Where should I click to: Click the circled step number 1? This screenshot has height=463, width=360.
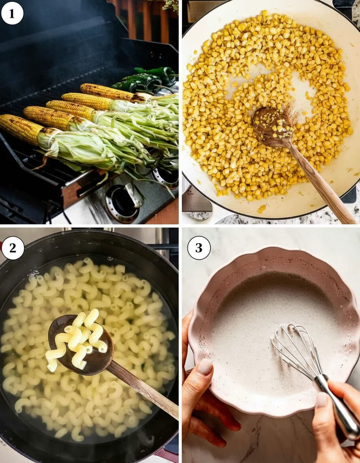tap(12, 14)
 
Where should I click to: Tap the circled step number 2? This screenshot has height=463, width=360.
tap(12, 248)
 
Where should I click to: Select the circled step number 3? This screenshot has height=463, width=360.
tap(199, 248)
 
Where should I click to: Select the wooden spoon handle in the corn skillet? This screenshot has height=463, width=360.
tap(322, 183)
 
